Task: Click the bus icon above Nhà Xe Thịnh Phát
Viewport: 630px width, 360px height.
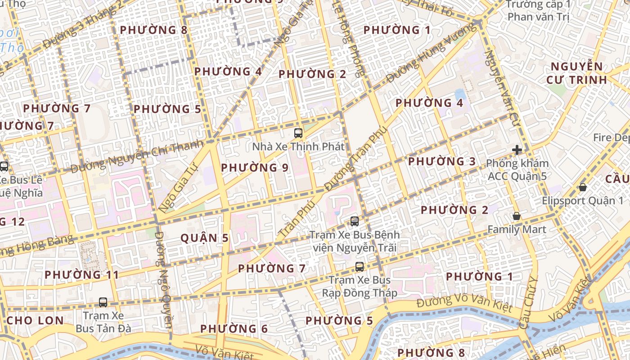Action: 298,133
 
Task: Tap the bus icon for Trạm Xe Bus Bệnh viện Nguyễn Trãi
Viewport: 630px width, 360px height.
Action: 355,221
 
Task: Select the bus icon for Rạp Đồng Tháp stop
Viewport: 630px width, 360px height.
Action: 359,266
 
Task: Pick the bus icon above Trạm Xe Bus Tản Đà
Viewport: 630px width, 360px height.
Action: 103,302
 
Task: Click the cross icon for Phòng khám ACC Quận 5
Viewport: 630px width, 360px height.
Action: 517,150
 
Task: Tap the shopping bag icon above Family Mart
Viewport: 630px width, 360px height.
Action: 517,216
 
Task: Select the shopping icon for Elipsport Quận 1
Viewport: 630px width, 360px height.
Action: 583,187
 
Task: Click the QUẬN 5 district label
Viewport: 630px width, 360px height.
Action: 205,238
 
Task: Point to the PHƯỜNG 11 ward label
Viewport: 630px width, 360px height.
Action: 82,274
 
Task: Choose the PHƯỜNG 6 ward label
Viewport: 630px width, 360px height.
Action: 234,329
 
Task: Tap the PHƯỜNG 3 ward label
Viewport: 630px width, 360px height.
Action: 441,161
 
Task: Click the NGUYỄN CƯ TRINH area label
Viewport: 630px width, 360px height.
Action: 577,73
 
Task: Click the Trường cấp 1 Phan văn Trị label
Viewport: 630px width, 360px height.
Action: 538,11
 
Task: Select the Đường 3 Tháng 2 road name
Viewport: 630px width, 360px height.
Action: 83,25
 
